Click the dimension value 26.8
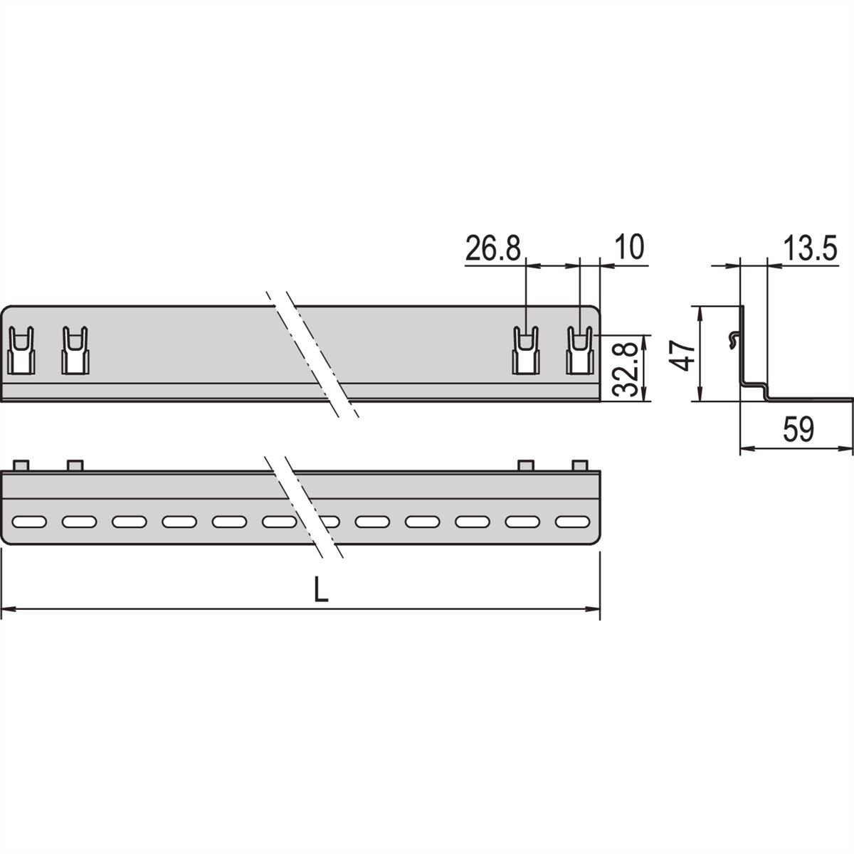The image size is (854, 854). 493,248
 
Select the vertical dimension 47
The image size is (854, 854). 684,354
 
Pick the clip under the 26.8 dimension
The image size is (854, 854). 527,350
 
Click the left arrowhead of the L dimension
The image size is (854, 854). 7,609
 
